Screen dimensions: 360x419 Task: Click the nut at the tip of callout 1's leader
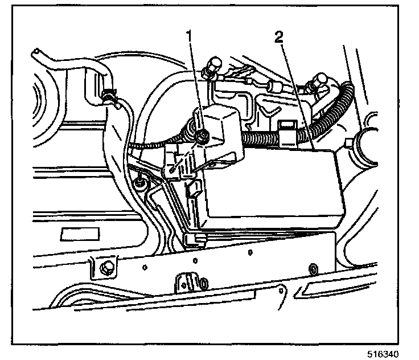pos(202,137)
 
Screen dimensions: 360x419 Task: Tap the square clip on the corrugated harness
pos(287,130)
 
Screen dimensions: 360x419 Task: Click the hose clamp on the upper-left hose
pos(110,97)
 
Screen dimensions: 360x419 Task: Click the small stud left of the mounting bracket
pos(138,183)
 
